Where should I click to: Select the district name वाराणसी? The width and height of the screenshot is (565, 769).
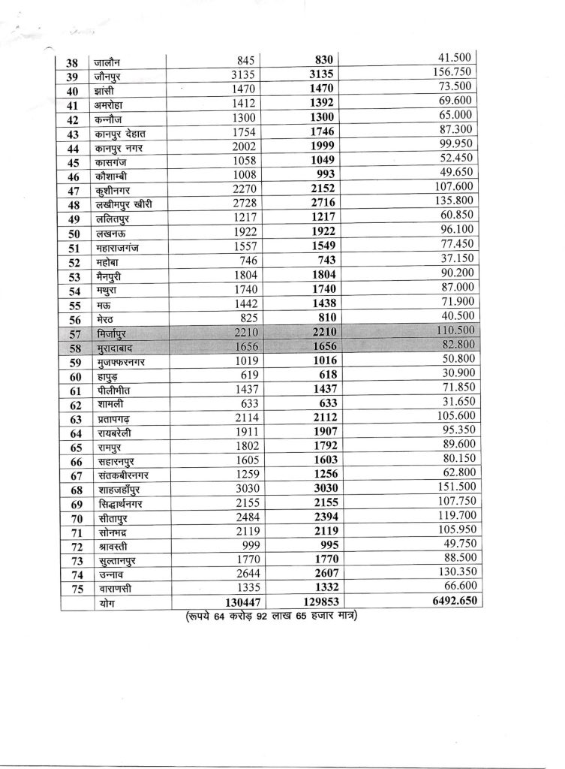(113, 589)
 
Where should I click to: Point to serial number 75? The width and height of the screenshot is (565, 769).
(73, 589)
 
